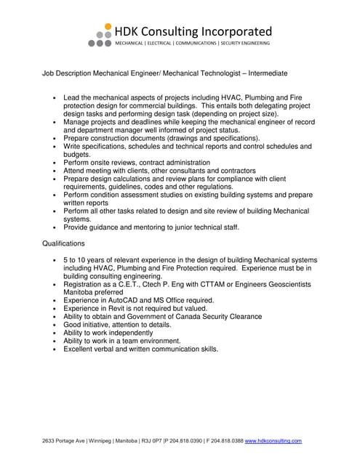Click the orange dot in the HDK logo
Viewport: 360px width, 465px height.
(108, 26)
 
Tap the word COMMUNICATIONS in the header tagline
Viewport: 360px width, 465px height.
(193, 44)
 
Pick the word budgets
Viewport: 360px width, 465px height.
(77, 154)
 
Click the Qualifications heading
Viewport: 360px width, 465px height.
(63, 243)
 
